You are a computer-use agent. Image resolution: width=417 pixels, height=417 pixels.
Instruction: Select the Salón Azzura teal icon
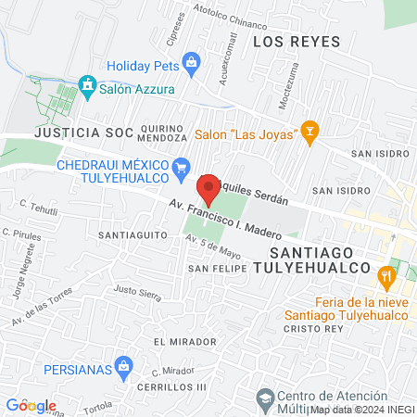(x=87, y=84)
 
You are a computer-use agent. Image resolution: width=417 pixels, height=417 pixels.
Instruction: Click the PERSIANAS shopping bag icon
(x=124, y=370)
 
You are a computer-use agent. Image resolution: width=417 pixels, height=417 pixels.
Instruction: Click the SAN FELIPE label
(x=218, y=268)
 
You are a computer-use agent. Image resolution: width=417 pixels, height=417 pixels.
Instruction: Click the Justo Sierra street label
(x=137, y=293)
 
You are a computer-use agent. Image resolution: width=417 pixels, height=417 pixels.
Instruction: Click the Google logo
(x=31, y=405)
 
